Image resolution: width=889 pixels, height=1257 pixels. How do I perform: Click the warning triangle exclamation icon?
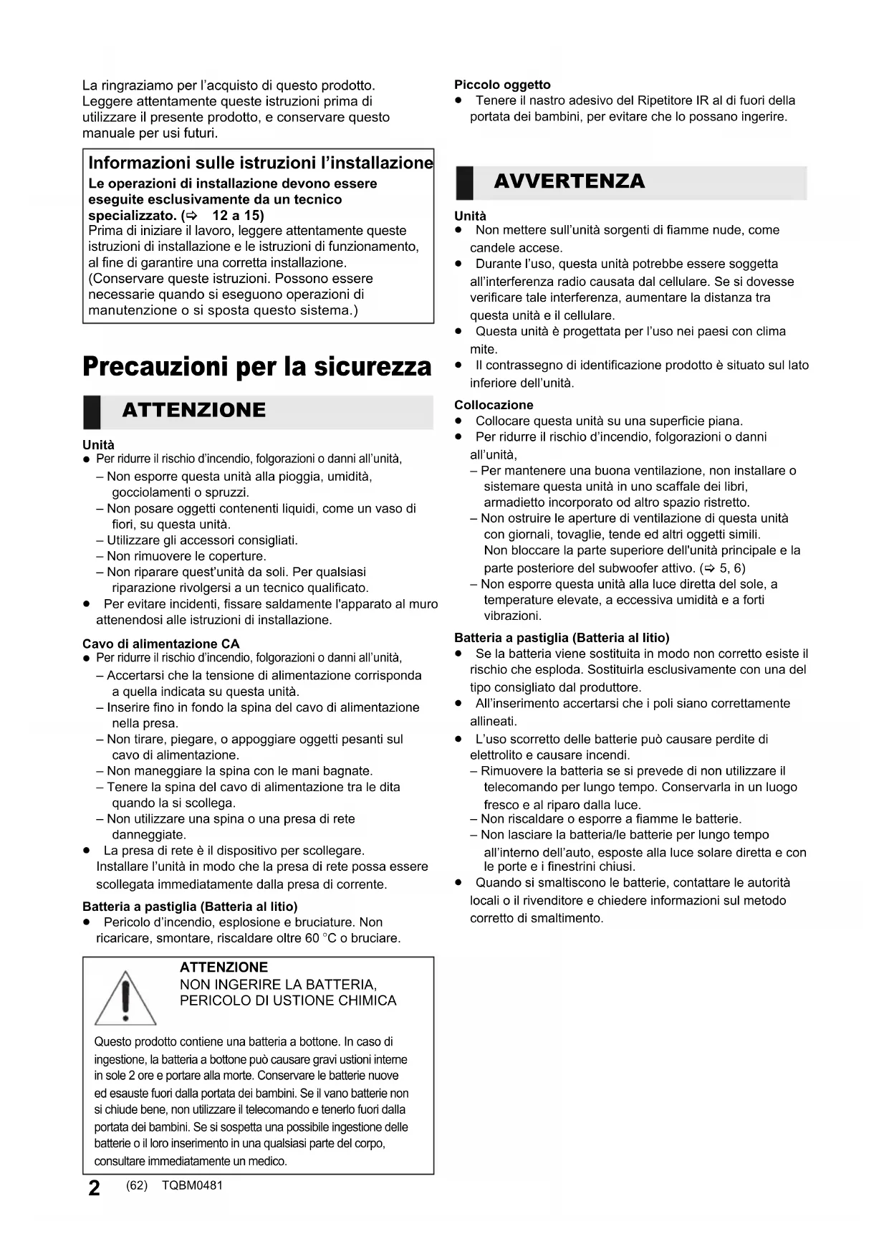tap(125, 998)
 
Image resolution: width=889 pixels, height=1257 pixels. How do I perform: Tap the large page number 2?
tap(94, 1188)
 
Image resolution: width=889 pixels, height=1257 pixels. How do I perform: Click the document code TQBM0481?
tap(192, 1185)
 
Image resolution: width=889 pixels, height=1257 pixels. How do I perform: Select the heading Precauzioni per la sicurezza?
tap(257, 366)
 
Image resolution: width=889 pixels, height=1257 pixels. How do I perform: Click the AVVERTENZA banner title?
tap(569, 181)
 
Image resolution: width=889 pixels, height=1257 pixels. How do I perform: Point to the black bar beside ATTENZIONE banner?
tap(91, 411)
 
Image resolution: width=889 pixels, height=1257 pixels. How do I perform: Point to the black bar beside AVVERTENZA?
tap(464, 183)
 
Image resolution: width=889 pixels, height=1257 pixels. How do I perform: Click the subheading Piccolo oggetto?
tap(502, 85)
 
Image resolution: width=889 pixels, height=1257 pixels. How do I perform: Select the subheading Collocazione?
tap(494, 405)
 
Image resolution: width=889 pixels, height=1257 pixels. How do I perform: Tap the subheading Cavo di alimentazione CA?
tap(160, 644)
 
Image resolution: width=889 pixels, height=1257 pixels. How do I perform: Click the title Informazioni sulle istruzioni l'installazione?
tap(261, 163)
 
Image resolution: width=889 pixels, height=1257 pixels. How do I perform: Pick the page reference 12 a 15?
tap(238, 215)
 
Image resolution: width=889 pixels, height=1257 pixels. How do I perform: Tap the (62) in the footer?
tap(136, 1185)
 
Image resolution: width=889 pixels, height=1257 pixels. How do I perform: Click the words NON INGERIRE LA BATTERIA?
tap(278, 985)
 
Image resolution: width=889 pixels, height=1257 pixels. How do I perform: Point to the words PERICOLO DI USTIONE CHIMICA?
tap(288, 1000)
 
